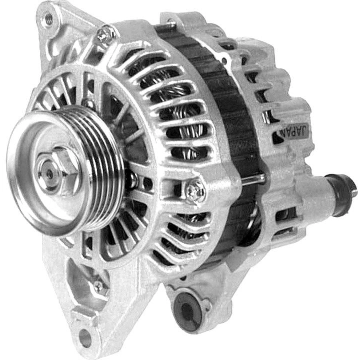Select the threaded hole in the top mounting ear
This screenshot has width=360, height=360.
(x=49, y=18)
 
